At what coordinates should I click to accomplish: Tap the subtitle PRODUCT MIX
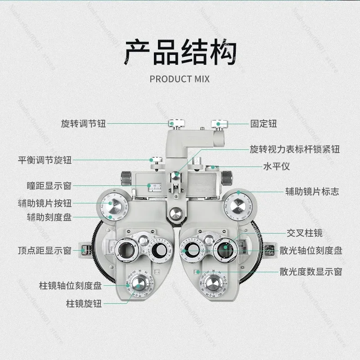(x=180, y=79)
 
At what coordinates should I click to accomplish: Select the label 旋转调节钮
(x=83, y=123)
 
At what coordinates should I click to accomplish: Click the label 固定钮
(x=264, y=123)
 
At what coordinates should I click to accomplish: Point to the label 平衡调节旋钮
(x=45, y=160)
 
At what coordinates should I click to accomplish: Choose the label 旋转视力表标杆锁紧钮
(x=295, y=149)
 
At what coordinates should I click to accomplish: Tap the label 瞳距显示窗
(x=49, y=185)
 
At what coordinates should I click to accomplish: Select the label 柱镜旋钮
(x=84, y=304)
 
